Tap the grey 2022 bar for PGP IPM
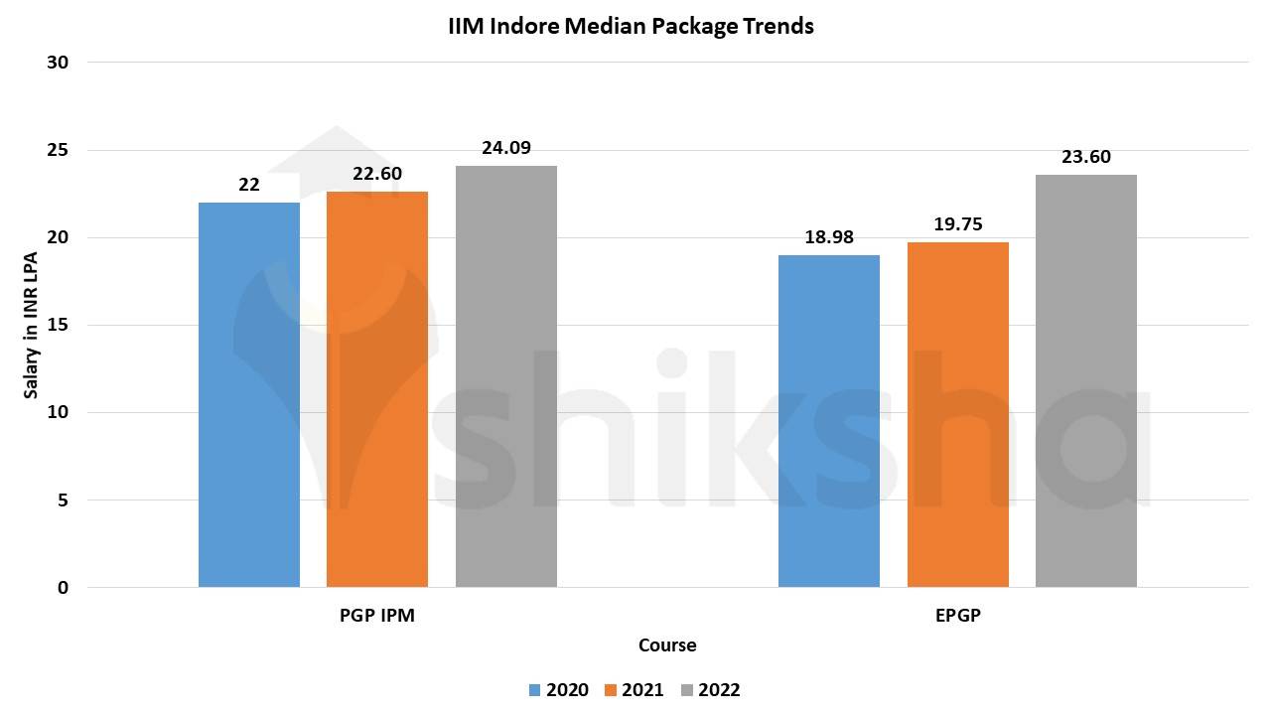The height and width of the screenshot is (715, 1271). coord(506,376)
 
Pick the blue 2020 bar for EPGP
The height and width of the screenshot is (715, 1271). coord(829,421)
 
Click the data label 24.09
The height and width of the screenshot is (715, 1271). coord(506,148)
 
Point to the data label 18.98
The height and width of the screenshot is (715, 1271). coord(829,237)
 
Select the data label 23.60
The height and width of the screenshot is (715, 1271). coord(1086,157)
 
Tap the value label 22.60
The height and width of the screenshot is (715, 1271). coord(377,174)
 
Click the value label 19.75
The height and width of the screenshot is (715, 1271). coord(958,224)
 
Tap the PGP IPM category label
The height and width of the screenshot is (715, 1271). coord(377,616)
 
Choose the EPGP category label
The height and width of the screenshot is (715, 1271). coord(958,616)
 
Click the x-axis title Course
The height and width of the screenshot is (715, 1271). coord(667,645)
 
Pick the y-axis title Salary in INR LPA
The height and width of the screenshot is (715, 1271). coord(32,325)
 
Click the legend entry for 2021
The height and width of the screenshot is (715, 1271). coord(635,690)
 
